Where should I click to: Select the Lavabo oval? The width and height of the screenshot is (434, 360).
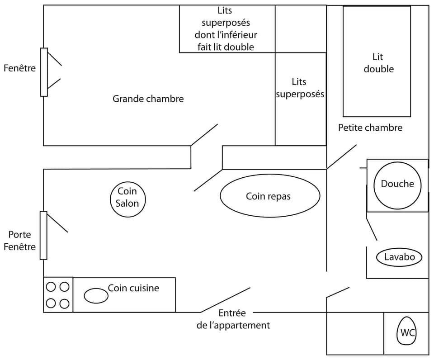[x=399, y=257]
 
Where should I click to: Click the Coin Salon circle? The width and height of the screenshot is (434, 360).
[x=128, y=198]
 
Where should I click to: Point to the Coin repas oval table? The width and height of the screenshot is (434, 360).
[x=270, y=196]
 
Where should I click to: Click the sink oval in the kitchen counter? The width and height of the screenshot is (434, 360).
[x=96, y=296]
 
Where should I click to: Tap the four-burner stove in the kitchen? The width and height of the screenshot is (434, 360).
[x=58, y=294]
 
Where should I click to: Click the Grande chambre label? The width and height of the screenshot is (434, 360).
[x=148, y=99]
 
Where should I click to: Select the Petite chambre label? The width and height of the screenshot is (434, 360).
[x=370, y=128]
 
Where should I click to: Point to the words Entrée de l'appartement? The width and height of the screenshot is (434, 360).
[x=233, y=319]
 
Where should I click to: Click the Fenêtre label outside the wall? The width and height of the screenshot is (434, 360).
[x=19, y=68]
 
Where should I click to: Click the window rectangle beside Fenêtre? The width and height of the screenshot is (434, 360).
[x=44, y=72]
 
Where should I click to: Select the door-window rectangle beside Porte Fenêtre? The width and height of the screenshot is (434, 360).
[x=43, y=235]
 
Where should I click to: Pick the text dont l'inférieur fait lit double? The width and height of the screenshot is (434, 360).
[x=226, y=41]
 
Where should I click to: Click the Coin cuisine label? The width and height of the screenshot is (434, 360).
[x=133, y=288]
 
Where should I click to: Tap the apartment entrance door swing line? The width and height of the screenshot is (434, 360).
[x=225, y=299]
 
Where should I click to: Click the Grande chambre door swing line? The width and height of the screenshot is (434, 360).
[x=204, y=134]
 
